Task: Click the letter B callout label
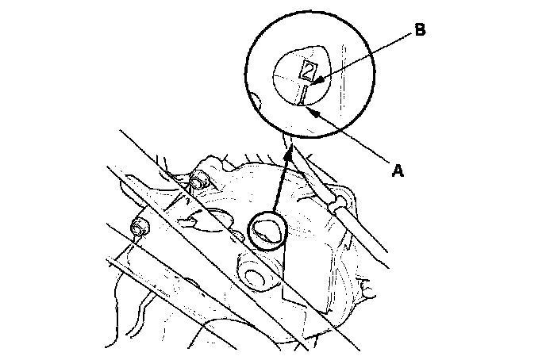pyautogui.click(x=420, y=31)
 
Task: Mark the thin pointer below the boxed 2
pyautogui.click(x=304, y=95)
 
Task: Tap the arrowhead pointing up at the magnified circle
pyautogui.click(x=291, y=149)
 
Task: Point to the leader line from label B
pyautogui.click(x=365, y=55)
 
